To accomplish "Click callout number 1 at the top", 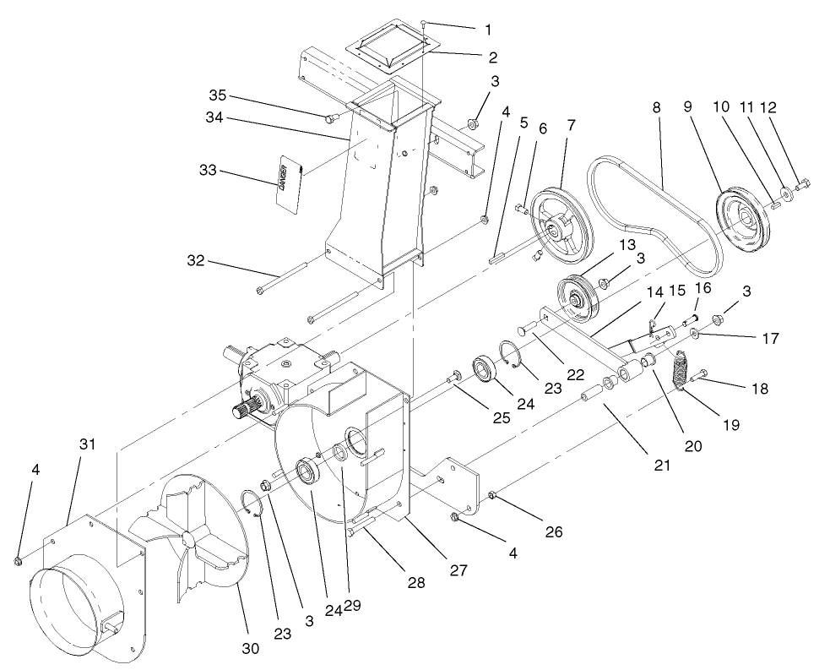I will [488, 30].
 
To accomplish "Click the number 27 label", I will [458, 570].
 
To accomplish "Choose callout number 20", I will [692, 447].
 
